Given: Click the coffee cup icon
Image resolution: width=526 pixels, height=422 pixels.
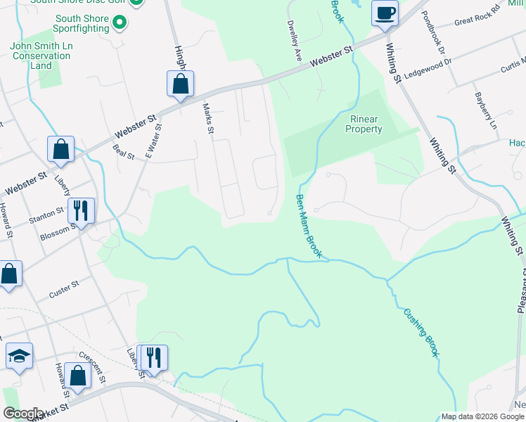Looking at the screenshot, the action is tap(385, 13).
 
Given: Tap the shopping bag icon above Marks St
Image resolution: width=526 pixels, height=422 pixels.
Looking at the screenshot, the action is tap(181, 84).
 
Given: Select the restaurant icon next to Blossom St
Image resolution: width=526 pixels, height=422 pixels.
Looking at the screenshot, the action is tap(81, 210).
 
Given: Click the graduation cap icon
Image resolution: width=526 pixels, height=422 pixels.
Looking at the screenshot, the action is tap(20, 357).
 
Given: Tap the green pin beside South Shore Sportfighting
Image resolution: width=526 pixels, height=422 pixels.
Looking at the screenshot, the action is tap(120, 23).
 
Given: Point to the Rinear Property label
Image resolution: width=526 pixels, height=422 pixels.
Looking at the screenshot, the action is tap(364, 124).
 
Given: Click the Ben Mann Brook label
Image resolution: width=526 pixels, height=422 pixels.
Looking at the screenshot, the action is tap(309, 226).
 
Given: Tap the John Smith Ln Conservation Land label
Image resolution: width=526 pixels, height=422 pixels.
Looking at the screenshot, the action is tap(41, 56).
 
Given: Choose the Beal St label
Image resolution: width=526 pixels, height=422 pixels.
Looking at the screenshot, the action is tap(123, 151).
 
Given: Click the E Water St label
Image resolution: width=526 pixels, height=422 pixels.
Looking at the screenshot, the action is tap(153, 141).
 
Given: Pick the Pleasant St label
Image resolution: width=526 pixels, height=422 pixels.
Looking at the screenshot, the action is tap(521, 289).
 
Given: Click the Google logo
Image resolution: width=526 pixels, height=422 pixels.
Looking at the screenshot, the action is tap(23, 414).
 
